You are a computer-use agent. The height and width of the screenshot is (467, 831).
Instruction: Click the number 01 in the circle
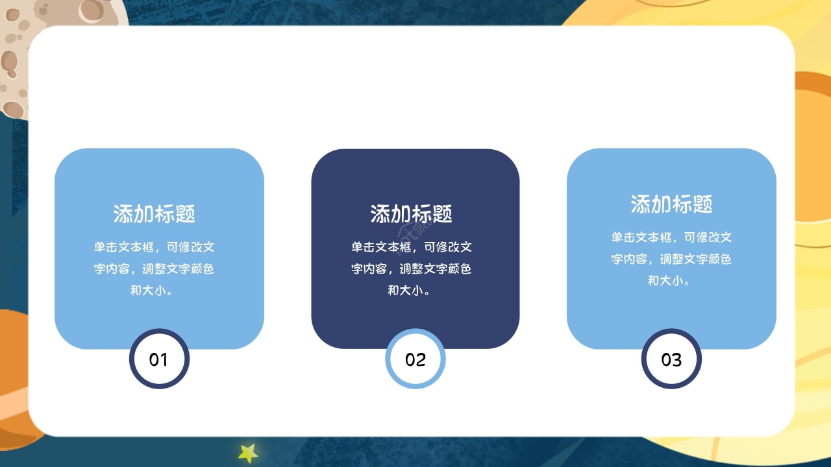(x=158, y=359)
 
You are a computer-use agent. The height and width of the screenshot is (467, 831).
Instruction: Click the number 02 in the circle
(x=415, y=359)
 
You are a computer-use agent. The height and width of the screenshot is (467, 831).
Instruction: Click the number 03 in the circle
(x=671, y=359)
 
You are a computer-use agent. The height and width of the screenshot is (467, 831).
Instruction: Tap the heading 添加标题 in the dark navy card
(x=412, y=213)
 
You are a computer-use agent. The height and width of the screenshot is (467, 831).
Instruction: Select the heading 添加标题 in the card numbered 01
(x=155, y=213)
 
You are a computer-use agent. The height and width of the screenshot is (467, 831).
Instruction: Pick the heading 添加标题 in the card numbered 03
(x=671, y=204)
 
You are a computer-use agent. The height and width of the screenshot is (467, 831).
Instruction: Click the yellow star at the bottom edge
(x=248, y=453)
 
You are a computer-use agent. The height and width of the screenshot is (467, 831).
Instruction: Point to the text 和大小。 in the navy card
(x=412, y=290)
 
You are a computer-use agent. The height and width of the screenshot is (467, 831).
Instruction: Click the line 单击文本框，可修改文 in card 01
(x=155, y=247)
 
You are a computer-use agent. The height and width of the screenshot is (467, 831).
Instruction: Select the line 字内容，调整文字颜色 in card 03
(x=671, y=259)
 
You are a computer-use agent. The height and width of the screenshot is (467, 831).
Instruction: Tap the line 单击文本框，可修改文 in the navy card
(x=412, y=247)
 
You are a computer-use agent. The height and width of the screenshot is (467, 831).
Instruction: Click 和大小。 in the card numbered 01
(x=155, y=290)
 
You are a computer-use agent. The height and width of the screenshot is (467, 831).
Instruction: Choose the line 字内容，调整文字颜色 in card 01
(x=155, y=269)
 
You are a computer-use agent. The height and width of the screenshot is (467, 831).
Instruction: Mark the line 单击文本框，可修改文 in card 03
(x=671, y=237)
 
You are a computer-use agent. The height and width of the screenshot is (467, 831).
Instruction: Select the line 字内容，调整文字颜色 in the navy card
(x=412, y=269)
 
